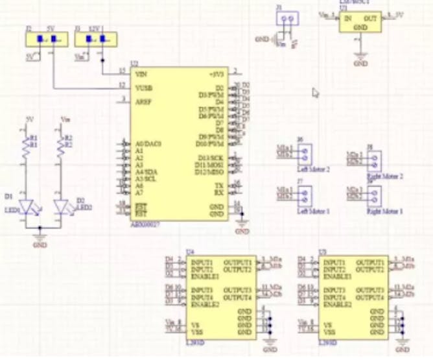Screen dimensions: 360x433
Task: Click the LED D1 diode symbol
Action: click(27, 207)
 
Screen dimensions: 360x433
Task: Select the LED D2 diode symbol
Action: click(62, 207)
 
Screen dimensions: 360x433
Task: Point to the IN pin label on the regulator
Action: click(347, 18)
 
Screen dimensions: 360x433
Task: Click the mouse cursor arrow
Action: click(316, 93)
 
